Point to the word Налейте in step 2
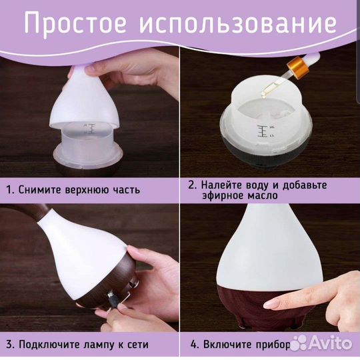coord(225,185)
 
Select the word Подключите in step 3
coord(51,345)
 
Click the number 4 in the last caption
coord(193,345)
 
